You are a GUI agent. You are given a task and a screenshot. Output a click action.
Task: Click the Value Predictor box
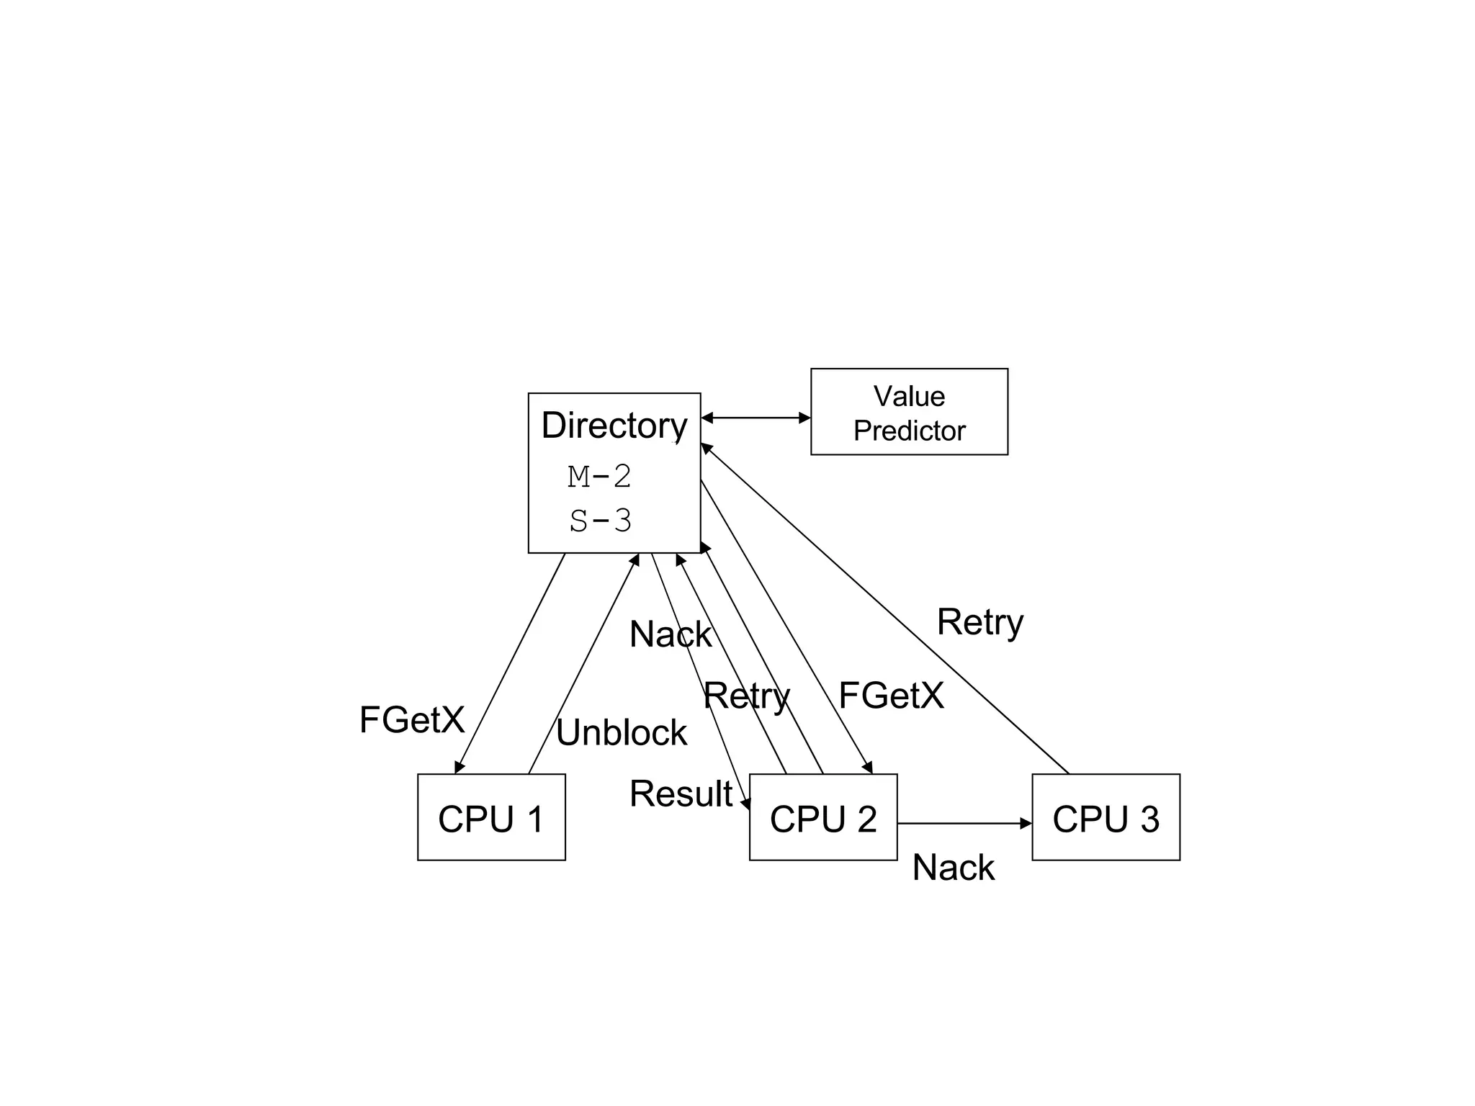tap(909, 411)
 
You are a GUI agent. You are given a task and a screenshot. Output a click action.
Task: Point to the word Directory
tap(614, 425)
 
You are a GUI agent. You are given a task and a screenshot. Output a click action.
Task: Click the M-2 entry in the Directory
tap(599, 476)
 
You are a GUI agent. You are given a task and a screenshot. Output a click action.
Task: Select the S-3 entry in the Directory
tap(600, 521)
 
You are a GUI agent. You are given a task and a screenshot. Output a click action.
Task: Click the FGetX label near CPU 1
tap(412, 719)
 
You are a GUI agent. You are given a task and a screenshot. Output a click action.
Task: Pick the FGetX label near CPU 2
tap(891, 696)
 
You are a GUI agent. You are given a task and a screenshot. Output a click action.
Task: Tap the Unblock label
tap(621, 732)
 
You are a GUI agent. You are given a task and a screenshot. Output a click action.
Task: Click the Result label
tap(681, 793)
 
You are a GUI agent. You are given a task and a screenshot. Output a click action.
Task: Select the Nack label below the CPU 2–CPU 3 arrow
tap(953, 867)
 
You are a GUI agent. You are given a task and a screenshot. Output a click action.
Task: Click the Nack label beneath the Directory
tap(670, 634)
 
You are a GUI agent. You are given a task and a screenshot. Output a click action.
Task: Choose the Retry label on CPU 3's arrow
tap(979, 622)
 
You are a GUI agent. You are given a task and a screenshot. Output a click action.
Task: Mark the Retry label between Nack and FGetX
tap(746, 696)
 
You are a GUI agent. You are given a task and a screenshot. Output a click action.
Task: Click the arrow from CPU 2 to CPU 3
tap(964, 823)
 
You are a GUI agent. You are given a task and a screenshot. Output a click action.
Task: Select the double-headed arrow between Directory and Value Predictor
tap(756, 418)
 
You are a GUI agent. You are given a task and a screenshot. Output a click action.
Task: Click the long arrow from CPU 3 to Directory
tap(886, 609)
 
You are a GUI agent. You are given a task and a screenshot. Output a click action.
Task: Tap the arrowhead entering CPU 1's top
tap(458, 768)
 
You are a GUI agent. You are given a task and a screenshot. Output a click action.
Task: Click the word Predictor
tap(909, 431)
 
